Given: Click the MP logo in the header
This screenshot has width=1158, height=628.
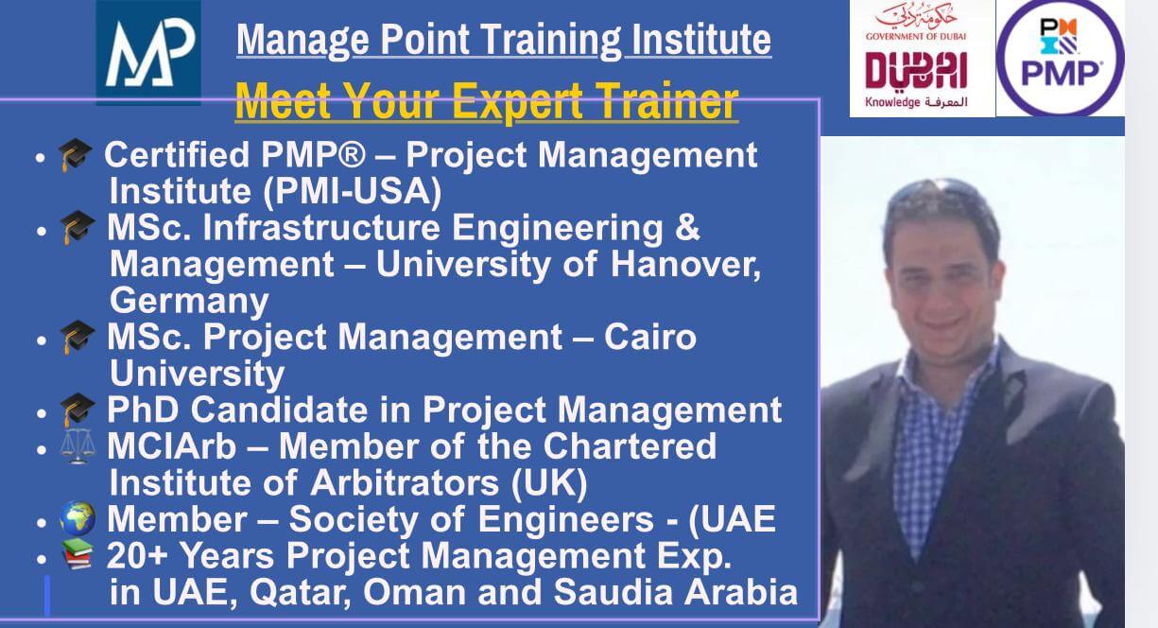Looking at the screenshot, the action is [148, 52].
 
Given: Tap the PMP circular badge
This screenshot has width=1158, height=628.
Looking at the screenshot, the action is [1061, 58].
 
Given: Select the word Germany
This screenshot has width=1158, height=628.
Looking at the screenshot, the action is [189, 301].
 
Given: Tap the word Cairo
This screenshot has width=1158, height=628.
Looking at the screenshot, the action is [650, 337].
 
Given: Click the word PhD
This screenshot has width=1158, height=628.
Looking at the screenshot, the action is [143, 410].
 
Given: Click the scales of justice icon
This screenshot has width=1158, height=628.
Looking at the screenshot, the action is [78, 446].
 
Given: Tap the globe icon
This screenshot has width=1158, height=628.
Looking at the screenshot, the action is [78, 518].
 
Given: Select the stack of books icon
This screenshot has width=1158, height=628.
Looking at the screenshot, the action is [78, 554].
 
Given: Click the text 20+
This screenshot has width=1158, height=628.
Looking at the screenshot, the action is [137, 555].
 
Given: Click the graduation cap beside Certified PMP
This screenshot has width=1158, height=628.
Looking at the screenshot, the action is [75, 155].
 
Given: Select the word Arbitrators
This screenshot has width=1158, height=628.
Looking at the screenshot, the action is [405, 482].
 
